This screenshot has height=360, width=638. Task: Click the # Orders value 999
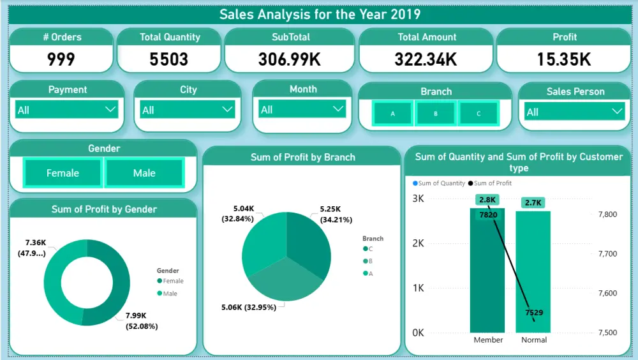[x=61, y=59]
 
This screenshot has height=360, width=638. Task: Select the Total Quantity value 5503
[x=169, y=59]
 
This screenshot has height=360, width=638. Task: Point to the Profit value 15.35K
[x=565, y=59]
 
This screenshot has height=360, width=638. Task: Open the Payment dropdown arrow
[x=109, y=110]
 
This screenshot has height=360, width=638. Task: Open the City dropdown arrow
[x=227, y=110]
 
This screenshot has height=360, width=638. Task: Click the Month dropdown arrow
[x=338, y=109]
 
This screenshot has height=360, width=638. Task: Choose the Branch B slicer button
[x=436, y=114]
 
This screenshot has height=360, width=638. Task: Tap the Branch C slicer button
[x=479, y=114]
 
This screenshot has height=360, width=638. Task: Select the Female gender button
[x=63, y=173]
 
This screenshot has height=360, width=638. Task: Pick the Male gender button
[x=144, y=173]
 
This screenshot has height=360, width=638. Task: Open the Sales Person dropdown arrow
[x=617, y=112]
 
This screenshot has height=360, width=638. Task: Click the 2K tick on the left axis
[x=418, y=243]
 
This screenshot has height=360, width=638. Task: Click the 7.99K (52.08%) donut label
[x=141, y=320]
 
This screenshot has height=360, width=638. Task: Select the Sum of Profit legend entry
[x=492, y=183]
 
